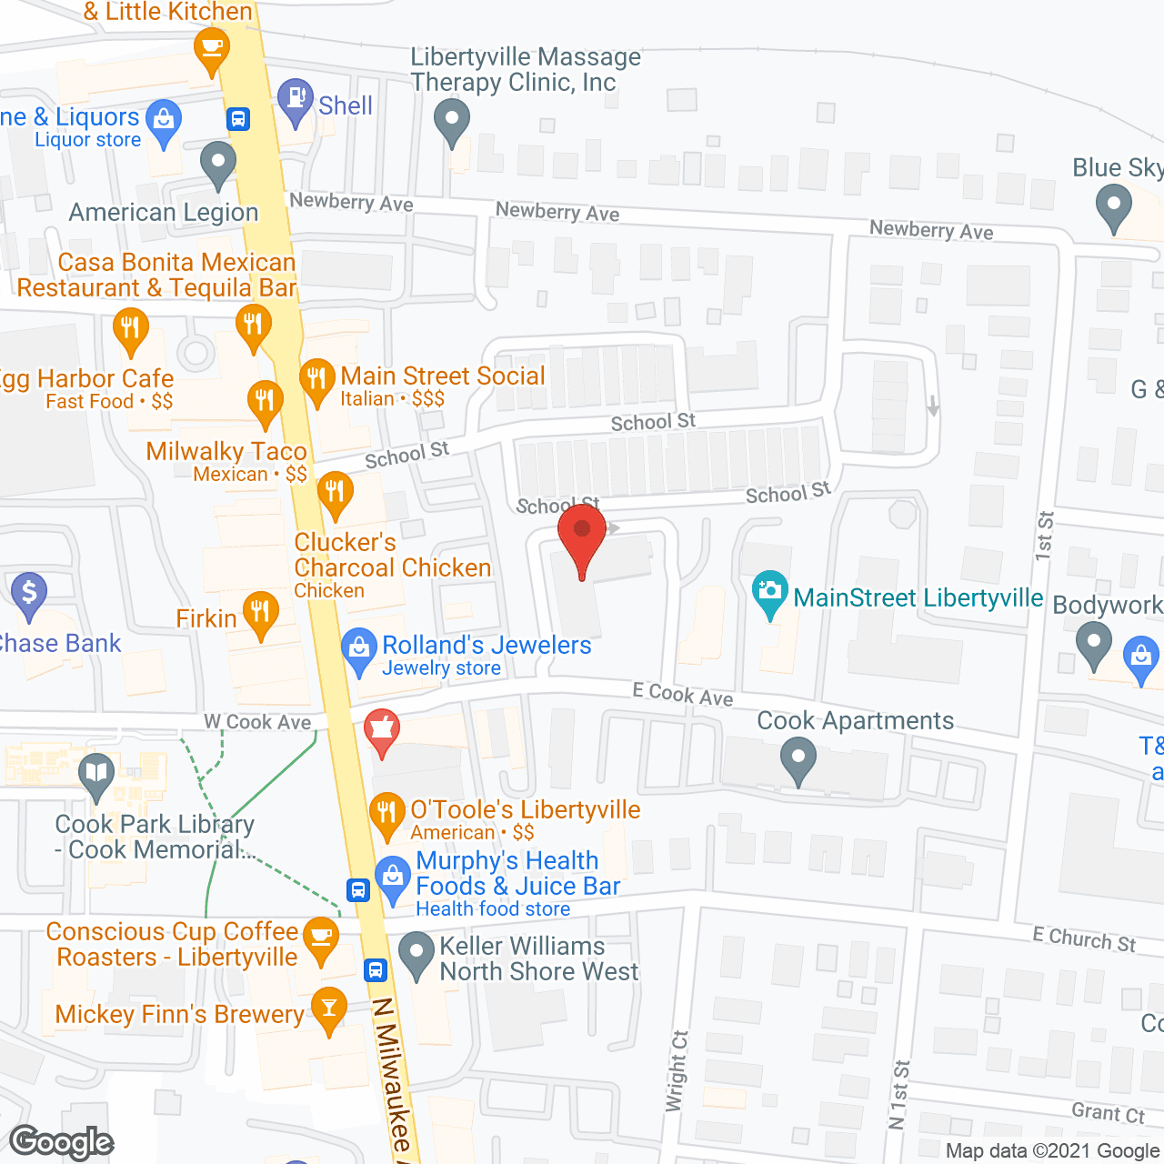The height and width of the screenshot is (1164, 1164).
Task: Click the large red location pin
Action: coord(582,537)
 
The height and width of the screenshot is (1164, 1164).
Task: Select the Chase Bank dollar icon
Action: coord(29,592)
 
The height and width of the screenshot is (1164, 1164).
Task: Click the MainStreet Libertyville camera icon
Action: coord(770,591)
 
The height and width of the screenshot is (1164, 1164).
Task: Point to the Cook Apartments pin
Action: coord(798,758)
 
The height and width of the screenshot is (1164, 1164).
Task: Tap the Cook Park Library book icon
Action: coord(95,774)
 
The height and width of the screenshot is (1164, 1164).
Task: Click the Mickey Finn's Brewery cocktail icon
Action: coord(328,1007)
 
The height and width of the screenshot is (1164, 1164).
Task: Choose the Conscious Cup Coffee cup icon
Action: coord(320,936)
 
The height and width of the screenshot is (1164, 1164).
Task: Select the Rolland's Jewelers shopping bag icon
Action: coord(359,648)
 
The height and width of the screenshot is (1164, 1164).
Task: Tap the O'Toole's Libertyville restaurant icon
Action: coord(387,811)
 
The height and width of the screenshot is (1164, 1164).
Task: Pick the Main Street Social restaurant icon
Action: coord(316,378)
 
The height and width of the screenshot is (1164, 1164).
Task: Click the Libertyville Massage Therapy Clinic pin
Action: coord(451,119)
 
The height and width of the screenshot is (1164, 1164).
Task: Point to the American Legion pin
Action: coord(217,163)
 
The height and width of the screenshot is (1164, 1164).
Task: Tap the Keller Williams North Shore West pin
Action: coord(416,952)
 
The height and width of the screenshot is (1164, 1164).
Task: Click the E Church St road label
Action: coord(1084,939)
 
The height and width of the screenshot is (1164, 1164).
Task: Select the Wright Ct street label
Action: coord(677,1070)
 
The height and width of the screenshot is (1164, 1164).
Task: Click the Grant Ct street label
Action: coord(1108,1112)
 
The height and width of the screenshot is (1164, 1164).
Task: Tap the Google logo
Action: coord(62,1142)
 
